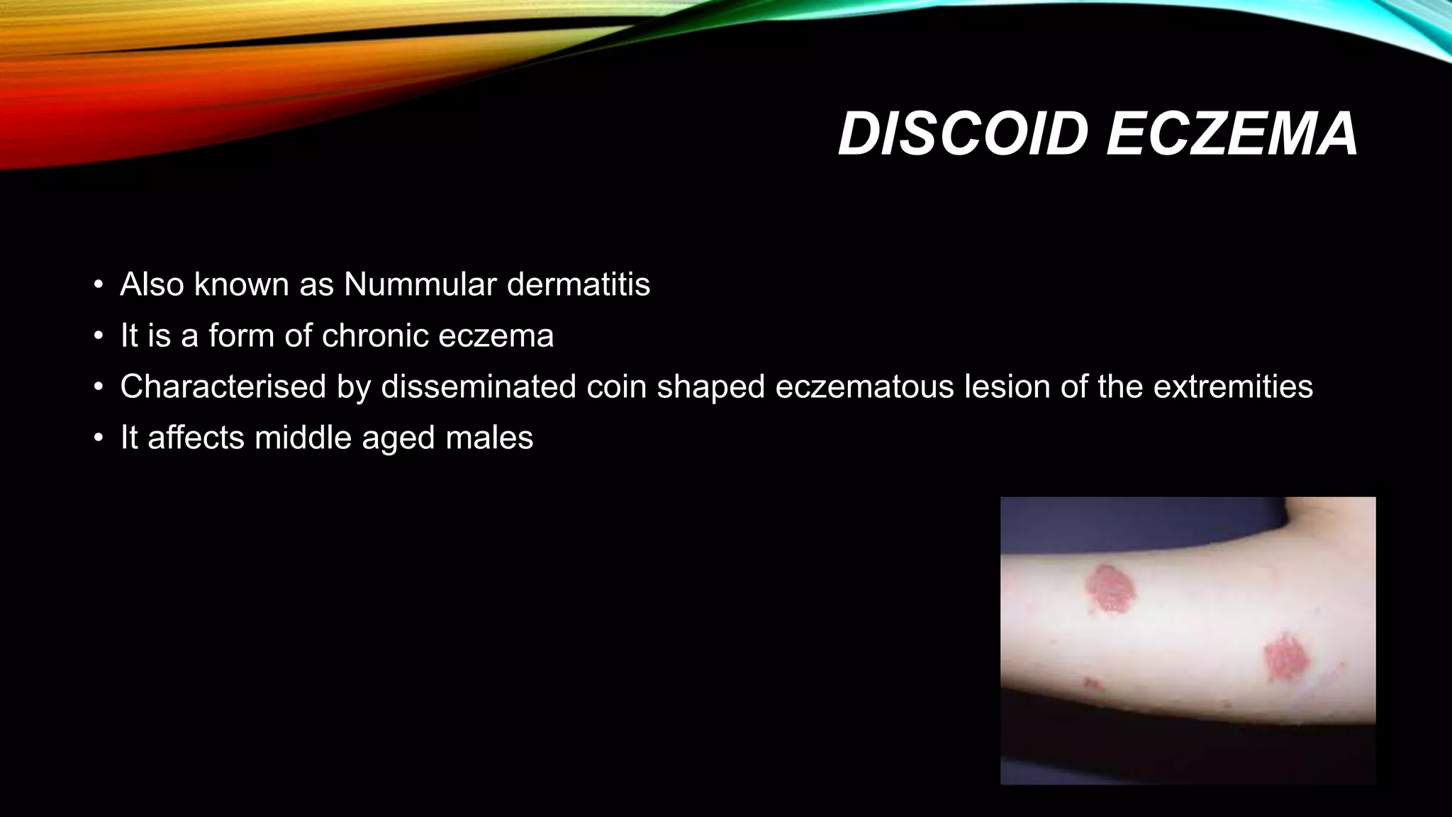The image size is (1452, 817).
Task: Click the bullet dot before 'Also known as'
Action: pos(99,286)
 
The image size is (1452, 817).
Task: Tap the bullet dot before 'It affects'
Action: pos(99,439)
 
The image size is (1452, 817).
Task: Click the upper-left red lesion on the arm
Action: pos(1110,587)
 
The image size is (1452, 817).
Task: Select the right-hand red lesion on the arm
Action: pos(1286,658)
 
